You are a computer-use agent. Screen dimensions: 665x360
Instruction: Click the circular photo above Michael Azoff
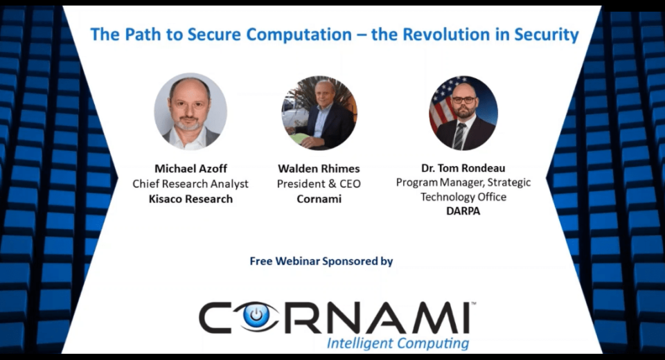(x=190, y=111)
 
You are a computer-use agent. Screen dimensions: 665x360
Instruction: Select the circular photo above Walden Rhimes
(x=319, y=113)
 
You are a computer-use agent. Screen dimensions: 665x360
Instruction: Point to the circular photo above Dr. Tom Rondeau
(x=463, y=113)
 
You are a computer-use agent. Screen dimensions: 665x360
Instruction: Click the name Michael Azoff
(x=191, y=168)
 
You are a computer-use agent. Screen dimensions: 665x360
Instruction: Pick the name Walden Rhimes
(x=319, y=168)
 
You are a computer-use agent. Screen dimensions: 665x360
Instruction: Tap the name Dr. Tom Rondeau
(x=463, y=168)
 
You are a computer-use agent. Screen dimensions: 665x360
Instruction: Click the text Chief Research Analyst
(x=190, y=183)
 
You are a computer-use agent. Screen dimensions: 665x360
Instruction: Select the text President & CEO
(x=319, y=183)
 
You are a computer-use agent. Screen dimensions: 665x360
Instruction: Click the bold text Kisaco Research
(x=191, y=199)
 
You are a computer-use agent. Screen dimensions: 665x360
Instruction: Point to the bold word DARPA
(x=463, y=210)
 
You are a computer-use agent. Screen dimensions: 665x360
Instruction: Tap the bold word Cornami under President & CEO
(x=319, y=199)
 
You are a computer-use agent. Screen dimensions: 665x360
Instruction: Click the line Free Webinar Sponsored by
(x=321, y=261)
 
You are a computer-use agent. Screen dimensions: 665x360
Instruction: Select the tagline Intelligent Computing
(x=398, y=343)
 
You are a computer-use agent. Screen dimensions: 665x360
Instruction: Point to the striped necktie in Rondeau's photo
(x=459, y=135)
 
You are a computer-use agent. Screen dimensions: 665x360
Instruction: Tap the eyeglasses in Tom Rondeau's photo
(x=463, y=100)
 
